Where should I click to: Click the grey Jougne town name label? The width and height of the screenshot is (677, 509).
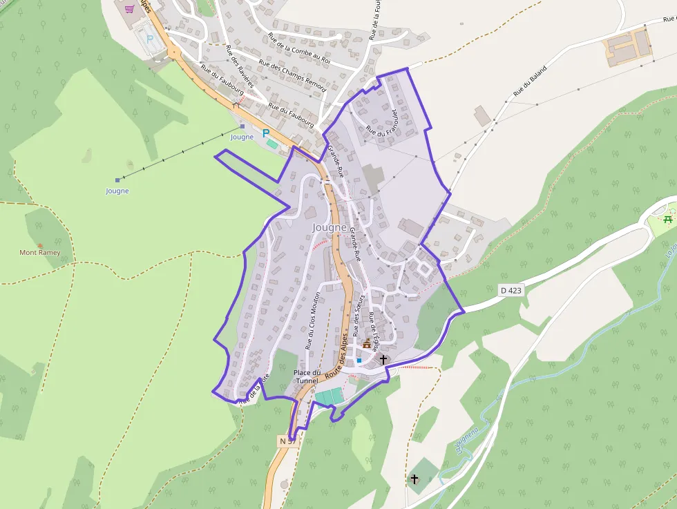click(329, 227)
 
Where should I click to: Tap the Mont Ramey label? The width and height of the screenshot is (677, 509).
click(39, 253)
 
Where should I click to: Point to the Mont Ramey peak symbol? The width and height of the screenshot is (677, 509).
click(39, 245)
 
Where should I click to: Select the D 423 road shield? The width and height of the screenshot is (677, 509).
click(510, 291)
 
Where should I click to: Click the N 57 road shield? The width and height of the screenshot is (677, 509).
click(288, 440)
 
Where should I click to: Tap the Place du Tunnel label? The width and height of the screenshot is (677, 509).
click(307, 376)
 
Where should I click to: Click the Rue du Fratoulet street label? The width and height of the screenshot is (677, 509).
click(383, 122)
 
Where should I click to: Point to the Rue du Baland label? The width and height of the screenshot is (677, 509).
click(530, 81)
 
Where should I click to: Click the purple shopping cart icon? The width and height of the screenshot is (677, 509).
click(129, 9)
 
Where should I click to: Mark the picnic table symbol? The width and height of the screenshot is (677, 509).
click(667, 220)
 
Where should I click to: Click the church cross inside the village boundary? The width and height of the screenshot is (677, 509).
click(383, 359)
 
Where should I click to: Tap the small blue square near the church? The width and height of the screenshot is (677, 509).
click(359, 361)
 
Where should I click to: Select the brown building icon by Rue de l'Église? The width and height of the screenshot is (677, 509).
click(366, 344)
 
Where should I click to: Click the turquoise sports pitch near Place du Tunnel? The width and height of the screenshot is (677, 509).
click(330, 397)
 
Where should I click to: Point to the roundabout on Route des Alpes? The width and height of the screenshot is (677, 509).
click(172, 52)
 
